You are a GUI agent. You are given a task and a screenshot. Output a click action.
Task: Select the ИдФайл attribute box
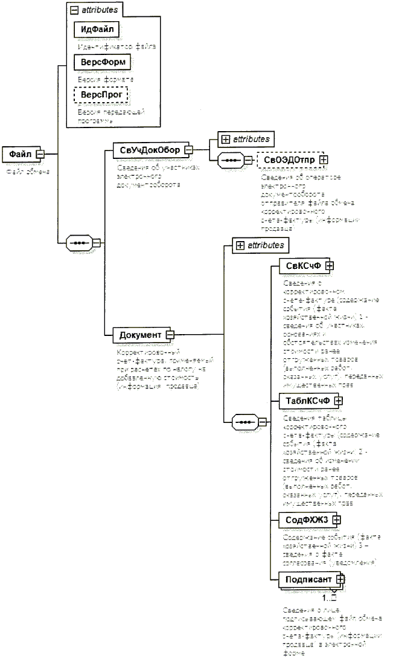pos(95,28)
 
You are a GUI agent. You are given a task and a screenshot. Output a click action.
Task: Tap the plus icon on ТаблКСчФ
pos(338,400)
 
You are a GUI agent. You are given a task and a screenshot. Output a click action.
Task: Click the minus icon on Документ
pos(170,334)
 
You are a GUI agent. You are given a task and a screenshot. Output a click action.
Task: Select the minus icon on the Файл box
pos(40,153)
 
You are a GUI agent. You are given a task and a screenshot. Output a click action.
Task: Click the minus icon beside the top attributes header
pos(72,10)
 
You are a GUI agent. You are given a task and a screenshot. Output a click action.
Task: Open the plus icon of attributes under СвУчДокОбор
pos(226,138)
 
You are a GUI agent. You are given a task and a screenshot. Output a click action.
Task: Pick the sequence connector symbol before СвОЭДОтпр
pos(231,161)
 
